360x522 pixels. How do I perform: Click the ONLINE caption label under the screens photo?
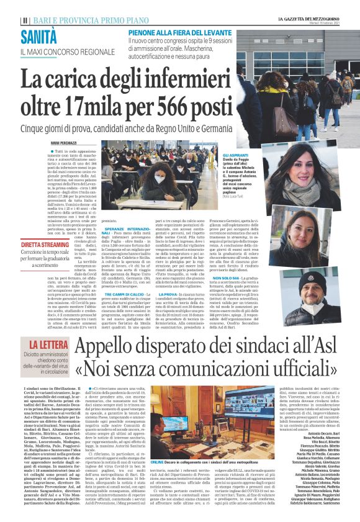157,445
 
